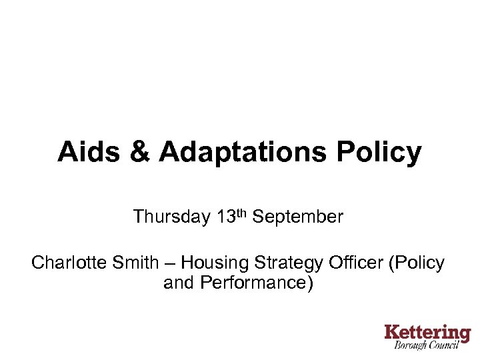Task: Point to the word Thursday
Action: click(x=171, y=217)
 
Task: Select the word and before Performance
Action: click(x=178, y=283)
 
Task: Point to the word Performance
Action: click(x=254, y=283)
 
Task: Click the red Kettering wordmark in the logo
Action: click(x=427, y=332)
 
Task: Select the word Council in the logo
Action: click(x=451, y=345)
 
